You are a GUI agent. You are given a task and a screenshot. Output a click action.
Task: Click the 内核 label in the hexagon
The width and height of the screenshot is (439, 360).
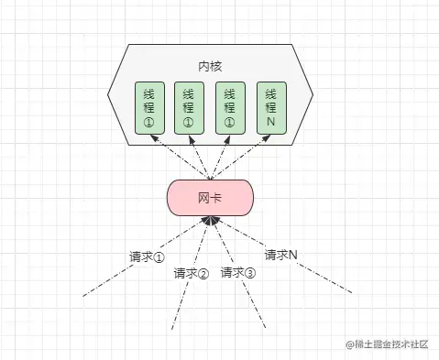point(210,67)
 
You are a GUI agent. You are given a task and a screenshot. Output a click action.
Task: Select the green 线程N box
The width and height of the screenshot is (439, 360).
point(271,108)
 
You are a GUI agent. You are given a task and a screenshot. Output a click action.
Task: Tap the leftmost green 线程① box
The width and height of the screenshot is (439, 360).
point(148,108)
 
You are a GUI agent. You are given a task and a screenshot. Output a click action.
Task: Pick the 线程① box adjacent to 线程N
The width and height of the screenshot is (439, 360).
point(230,108)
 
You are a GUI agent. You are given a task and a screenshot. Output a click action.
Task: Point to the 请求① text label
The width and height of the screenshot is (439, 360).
point(147,256)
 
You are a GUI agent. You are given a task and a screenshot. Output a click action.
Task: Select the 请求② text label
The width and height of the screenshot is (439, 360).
point(192,273)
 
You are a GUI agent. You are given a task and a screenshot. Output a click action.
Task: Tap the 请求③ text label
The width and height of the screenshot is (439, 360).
point(238,273)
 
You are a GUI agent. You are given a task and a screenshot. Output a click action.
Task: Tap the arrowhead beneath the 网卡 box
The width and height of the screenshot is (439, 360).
point(210,221)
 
